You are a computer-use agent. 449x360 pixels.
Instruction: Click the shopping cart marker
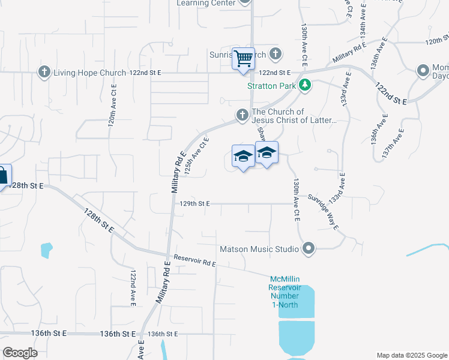243,59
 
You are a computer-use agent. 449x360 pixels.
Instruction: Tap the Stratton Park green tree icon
306,85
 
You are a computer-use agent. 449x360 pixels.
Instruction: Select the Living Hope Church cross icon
44,73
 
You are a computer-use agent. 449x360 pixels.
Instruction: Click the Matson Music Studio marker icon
309,248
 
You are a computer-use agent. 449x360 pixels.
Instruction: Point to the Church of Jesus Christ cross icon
242,114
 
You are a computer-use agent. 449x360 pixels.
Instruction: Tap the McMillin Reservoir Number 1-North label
285,292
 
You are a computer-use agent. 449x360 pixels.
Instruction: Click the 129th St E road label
194,204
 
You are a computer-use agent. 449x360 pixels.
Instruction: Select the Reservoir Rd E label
194,260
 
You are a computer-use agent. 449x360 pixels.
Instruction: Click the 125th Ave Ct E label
196,157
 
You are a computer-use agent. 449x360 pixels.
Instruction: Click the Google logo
20,352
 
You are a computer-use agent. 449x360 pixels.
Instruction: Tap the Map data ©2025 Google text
411,355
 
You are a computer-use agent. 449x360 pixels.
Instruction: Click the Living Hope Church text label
89,73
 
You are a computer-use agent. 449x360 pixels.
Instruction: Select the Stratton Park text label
272,86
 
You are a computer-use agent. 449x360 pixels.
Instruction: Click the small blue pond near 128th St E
46,249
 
